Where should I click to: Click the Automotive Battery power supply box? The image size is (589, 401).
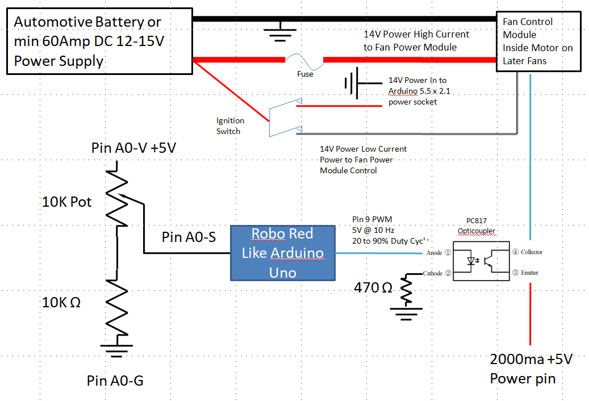[x=99, y=41]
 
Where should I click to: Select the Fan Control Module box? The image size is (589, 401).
[x=538, y=41]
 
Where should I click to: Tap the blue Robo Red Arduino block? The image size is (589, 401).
[x=282, y=253]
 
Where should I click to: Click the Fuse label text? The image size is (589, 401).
[x=305, y=74]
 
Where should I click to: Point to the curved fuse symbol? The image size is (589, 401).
[x=304, y=59]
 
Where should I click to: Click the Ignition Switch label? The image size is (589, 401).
[x=230, y=126]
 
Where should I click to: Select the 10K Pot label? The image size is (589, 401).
[x=67, y=202]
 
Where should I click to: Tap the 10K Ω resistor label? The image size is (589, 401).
[x=61, y=302]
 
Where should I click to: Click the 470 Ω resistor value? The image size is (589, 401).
[x=373, y=287]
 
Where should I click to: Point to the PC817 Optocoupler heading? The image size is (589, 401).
[x=477, y=226]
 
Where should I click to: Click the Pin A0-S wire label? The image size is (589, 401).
[x=189, y=237]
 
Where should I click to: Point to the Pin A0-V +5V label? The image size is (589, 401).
[x=133, y=148]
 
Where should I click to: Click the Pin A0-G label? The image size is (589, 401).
[x=115, y=380]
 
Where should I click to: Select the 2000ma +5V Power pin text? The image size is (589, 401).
[x=531, y=369]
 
